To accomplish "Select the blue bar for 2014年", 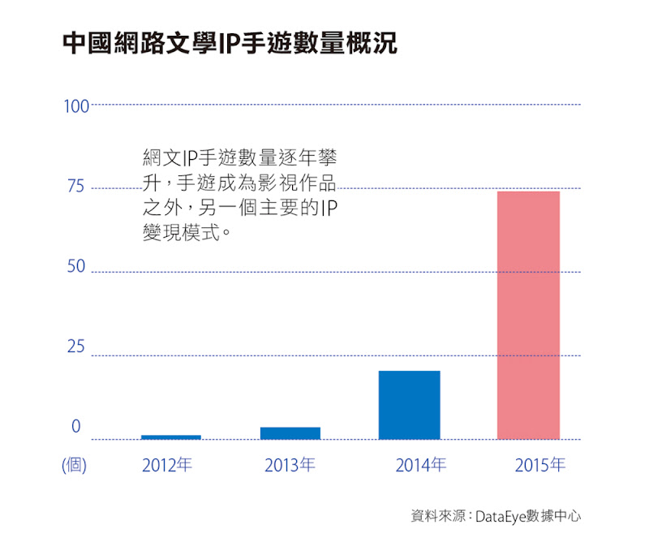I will point(409,405).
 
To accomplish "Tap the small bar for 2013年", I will point(290,433).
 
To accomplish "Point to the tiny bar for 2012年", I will point(170,437).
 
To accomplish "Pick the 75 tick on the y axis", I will point(75,187).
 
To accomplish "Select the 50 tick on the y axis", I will point(75,268).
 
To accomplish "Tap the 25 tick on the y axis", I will point(75,347).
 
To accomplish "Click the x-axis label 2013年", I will point(290,466).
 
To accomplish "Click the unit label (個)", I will point(74,466).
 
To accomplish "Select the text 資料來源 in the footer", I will point(438,516).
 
